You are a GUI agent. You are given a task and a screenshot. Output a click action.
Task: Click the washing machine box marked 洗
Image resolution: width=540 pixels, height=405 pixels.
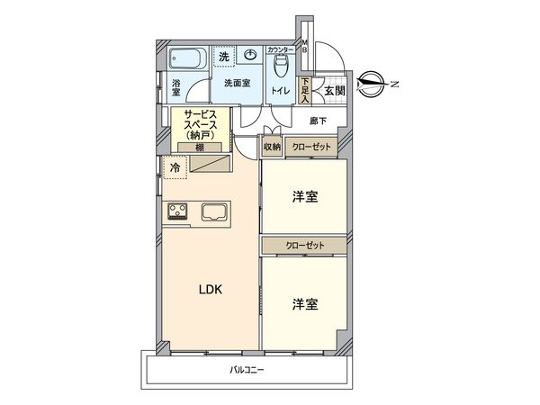click(224, 56)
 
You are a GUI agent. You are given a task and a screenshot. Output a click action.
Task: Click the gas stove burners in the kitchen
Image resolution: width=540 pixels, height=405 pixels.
click(177, 212)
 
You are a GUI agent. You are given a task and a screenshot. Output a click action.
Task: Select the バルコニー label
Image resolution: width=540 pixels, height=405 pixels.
click(245, 370)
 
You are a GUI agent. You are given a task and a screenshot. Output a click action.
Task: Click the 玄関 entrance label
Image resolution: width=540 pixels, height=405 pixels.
click(333, 90)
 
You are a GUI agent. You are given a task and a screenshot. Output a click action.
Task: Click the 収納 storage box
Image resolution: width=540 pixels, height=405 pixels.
click(272, 147)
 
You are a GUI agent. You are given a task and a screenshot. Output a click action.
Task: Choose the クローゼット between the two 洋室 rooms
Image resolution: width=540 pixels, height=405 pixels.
click(304, 245)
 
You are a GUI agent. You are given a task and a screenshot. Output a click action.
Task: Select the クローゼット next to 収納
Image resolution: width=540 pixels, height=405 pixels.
click(311, 147)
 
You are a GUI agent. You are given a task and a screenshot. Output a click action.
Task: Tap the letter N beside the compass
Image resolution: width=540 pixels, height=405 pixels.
click(392, 85)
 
